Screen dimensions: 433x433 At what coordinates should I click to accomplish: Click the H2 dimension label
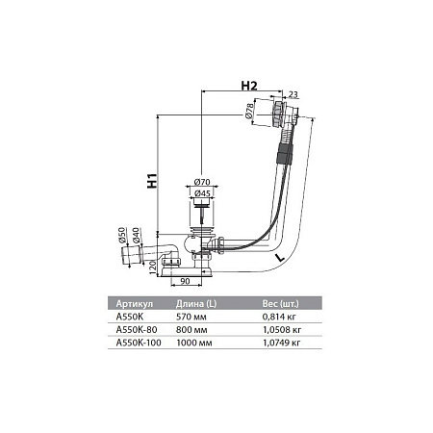coord(247,86)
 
